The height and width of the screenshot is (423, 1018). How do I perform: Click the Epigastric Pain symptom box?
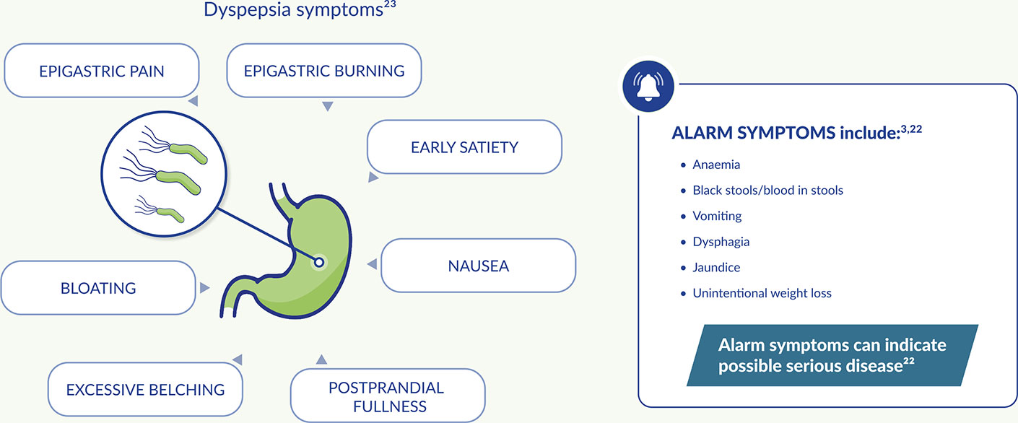tap(101, 71)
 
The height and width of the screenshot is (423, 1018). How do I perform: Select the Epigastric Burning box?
tap(323, 71)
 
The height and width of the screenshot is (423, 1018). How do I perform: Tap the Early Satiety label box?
tap(464, 147)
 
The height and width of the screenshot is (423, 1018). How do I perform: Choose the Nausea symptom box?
tap(478, 266)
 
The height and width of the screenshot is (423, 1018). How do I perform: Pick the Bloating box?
tap(98, 288)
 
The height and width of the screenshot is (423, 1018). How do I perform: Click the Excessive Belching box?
tap(145, 390)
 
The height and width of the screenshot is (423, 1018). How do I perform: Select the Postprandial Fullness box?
tap(386, 396)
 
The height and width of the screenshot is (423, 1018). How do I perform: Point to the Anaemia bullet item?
tap(716, 165)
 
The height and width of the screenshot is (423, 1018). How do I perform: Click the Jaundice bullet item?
tap(716, 267)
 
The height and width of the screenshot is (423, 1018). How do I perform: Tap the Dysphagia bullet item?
tap(721, 242)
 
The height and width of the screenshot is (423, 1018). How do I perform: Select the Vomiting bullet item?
tap(717, 216)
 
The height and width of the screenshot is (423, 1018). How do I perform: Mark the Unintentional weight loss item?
tap(762, 293)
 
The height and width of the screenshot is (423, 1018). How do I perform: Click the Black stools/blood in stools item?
tap(767, 191)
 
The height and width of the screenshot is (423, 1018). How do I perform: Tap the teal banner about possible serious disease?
tap(833, 354)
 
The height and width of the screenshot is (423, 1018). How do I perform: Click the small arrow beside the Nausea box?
tap(372, 265)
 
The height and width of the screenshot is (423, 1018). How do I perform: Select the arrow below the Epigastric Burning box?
tap(327, 107)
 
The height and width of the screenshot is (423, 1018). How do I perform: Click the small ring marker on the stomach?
tap(318, 263)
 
